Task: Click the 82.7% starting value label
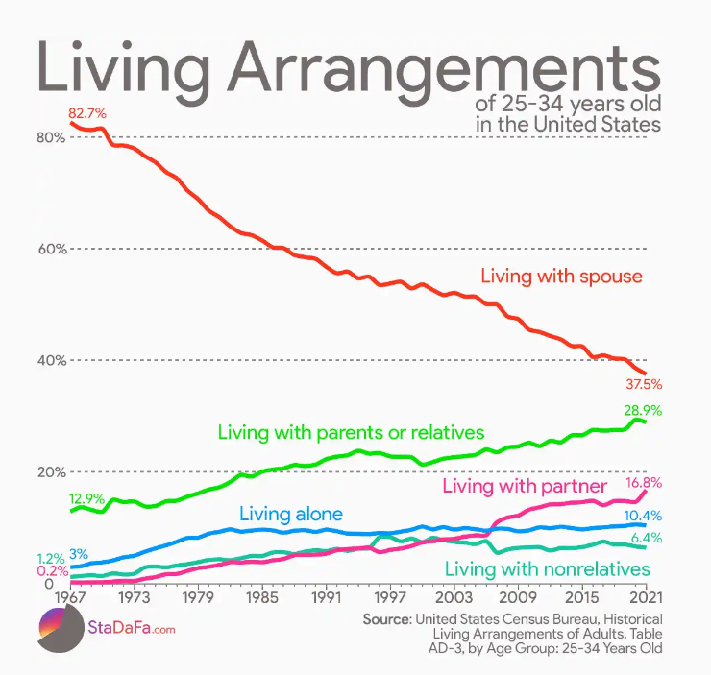pos(87,113)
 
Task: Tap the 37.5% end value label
pos(643,383)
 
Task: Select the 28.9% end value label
pos(644,410)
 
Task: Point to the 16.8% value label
pos(644,482)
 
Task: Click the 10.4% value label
pos(644,518)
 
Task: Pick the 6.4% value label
pos(648,538)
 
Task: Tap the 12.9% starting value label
pos(87,498)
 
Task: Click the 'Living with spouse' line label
pos(561,277)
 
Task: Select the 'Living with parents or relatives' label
pos(351,432)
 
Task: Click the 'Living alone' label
pos(290,514)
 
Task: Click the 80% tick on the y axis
pos(49,137)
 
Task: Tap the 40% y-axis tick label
pos(49,361)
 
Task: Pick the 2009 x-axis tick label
pos(518,596)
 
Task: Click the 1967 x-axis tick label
pos(69,596)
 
